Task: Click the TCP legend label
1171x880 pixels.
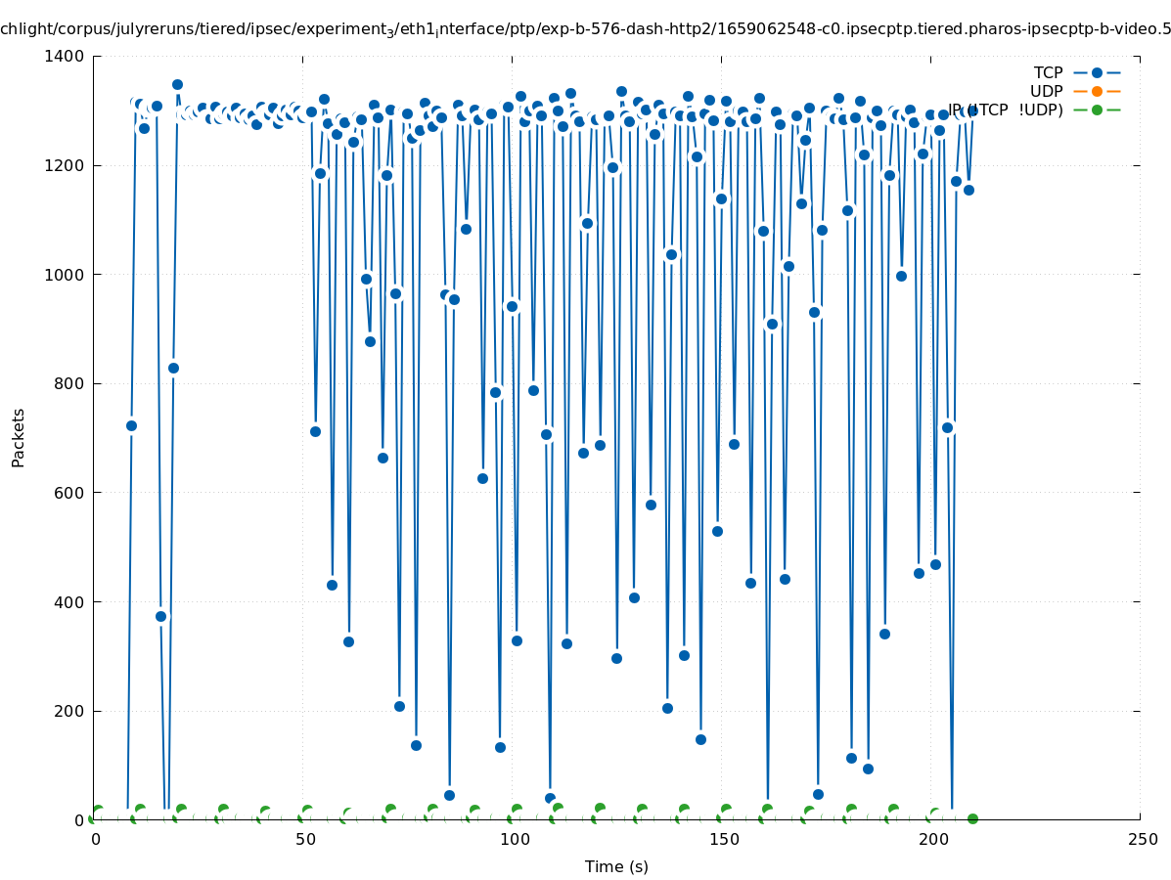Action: [1048, 72]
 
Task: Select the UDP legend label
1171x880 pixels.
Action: [1046, 91]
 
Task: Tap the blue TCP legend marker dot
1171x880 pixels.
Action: [1097, 72]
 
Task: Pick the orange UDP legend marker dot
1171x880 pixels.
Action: [1097, 91]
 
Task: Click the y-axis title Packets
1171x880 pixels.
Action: [19, 438]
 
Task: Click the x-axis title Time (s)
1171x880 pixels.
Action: [616, 866]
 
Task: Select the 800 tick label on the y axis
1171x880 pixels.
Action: [68, 384]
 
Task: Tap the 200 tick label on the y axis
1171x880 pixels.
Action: [68, 712]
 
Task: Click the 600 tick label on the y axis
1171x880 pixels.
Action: [68, 494]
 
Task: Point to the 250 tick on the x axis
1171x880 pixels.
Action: [1141, 840]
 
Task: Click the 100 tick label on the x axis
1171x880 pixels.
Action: [513, 840]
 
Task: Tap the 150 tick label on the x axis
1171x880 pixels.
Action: [722, 840]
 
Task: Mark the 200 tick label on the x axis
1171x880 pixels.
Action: [931, 840]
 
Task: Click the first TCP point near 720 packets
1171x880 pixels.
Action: [131, 425]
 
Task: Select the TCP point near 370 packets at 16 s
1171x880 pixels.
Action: [160, 616]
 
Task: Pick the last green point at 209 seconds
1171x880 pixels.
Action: [972, 818]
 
